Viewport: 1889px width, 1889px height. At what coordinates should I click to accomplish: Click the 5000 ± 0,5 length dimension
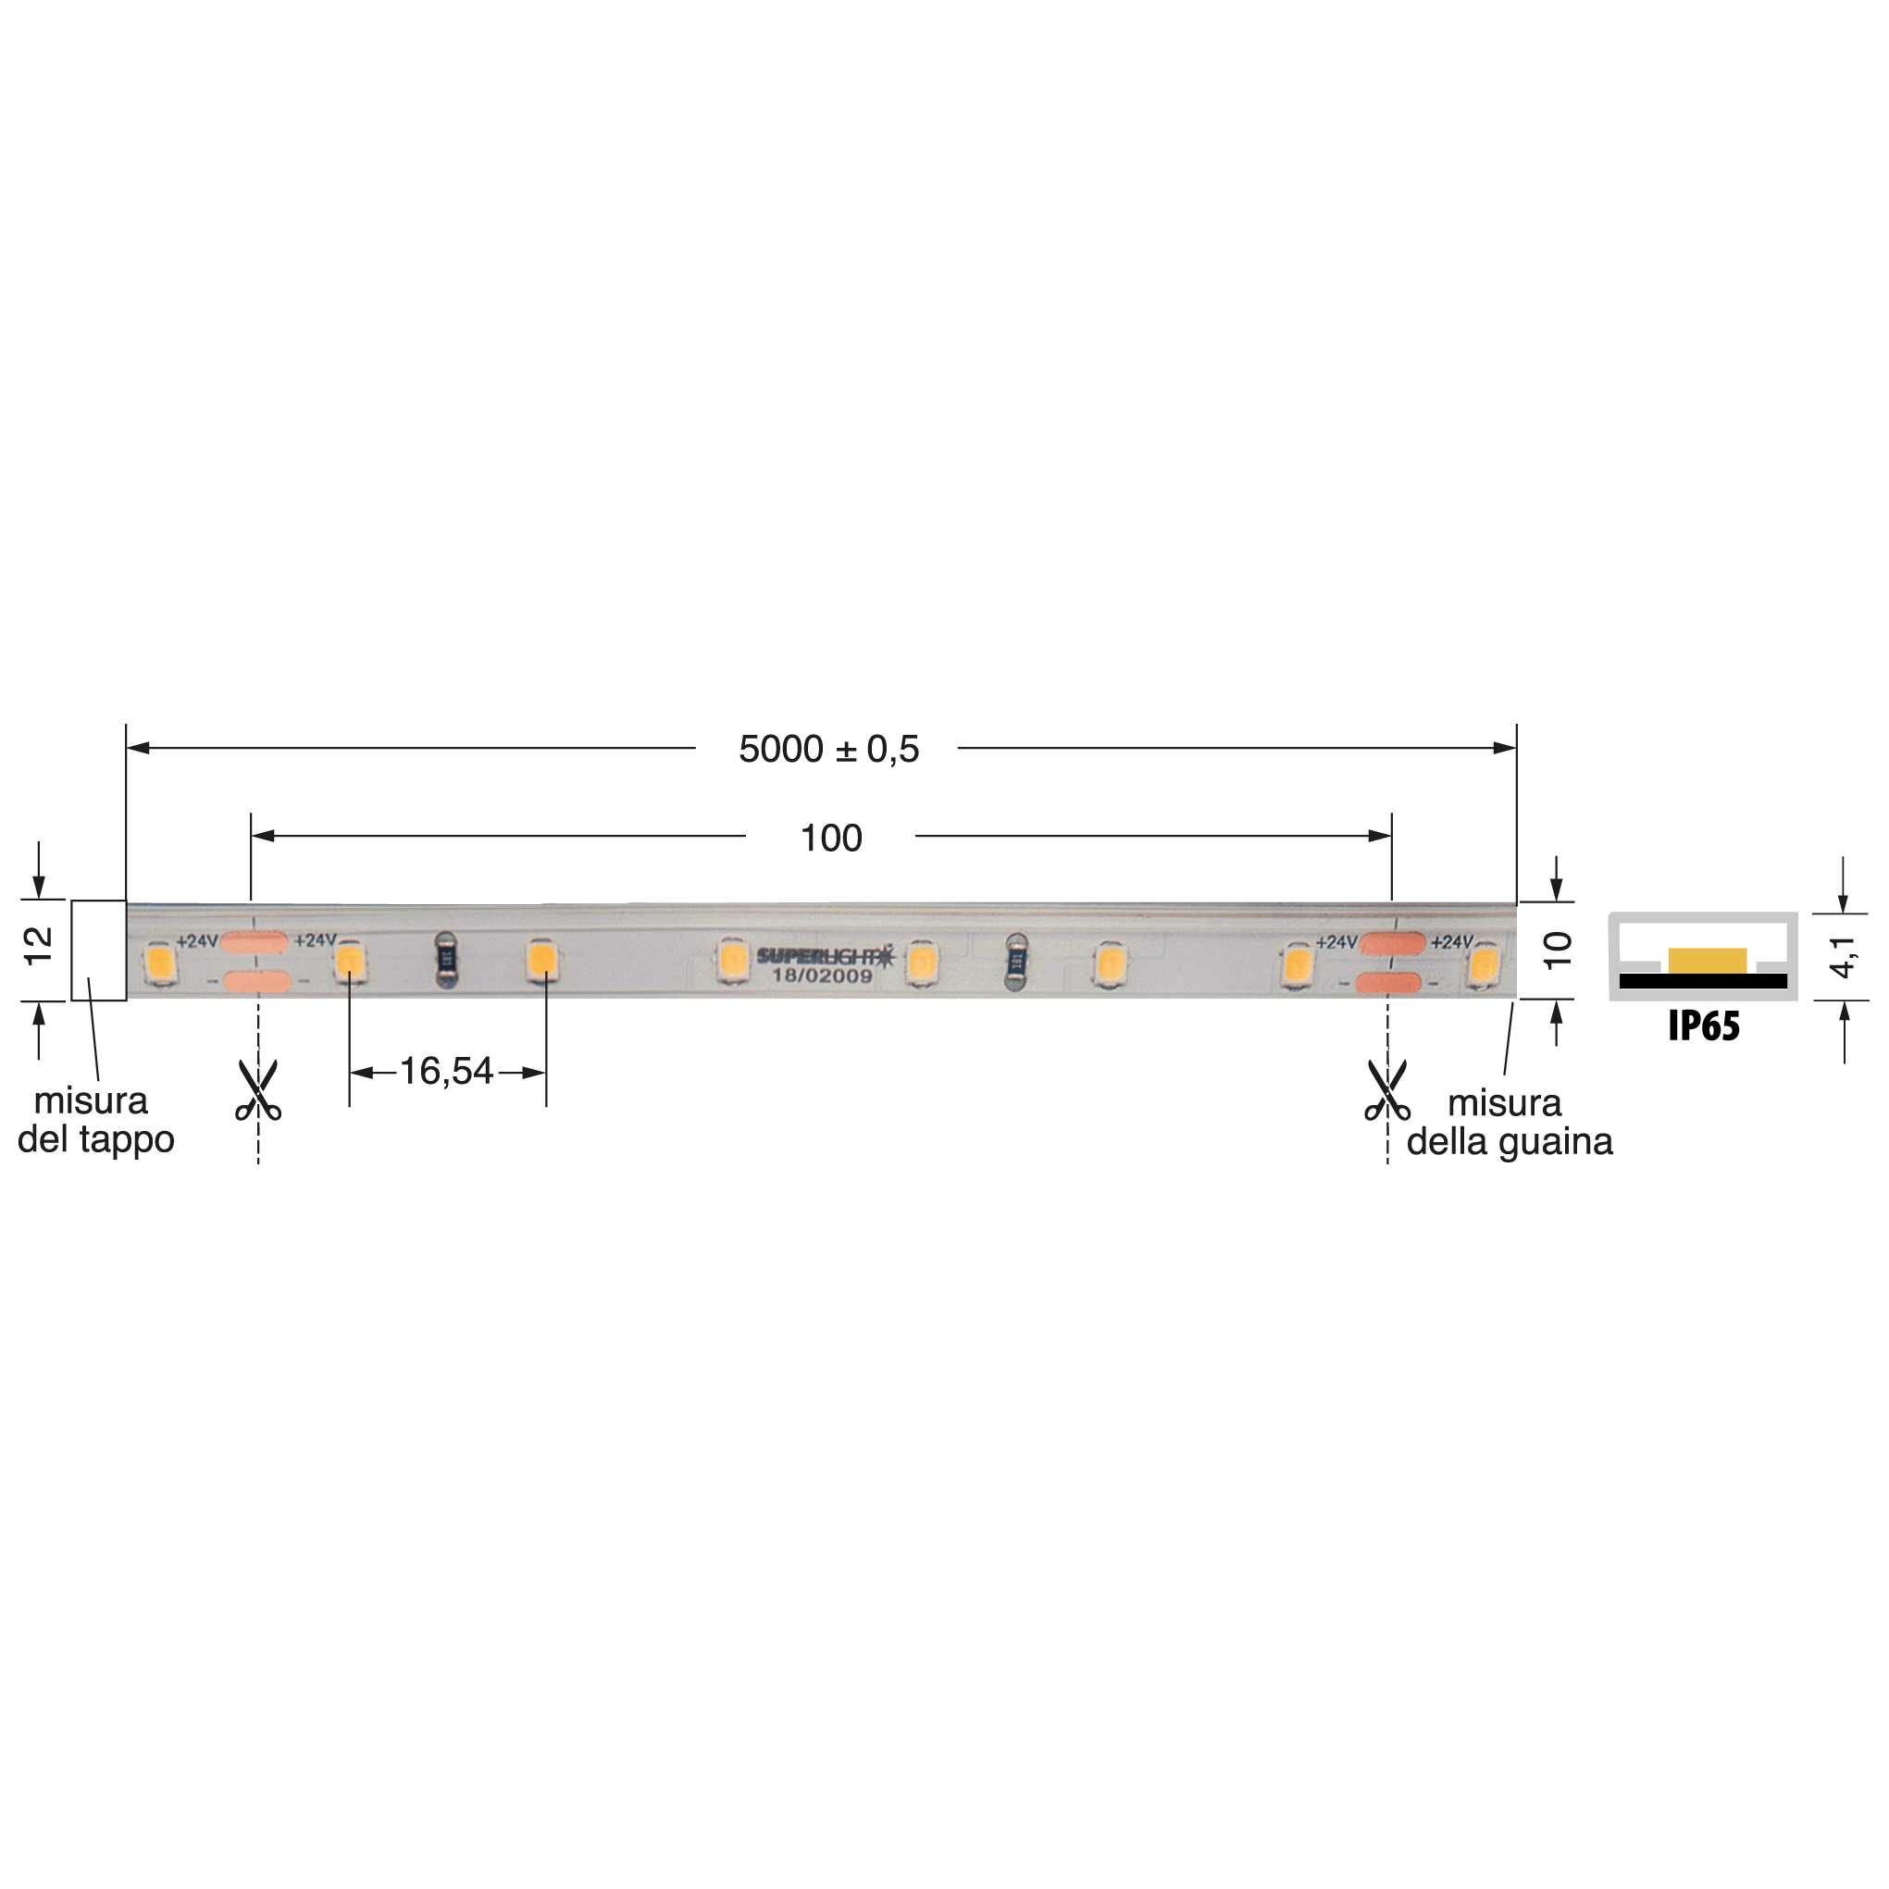coord(828,750)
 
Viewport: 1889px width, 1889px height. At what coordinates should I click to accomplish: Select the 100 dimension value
coord(830,838)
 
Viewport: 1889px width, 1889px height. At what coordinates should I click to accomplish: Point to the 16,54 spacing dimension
coord(446,1072)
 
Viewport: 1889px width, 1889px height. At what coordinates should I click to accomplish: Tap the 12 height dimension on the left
coord(39,947)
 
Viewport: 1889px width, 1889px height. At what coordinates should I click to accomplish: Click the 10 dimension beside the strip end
coord(1557,950)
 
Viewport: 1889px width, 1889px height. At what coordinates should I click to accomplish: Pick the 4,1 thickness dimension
coord(1842,955)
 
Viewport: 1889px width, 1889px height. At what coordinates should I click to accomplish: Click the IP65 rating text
coord(1703,1026)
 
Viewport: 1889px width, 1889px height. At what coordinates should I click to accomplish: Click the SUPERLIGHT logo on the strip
coord(825,956)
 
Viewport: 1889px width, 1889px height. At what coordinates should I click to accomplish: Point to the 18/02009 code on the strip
coord(821,976)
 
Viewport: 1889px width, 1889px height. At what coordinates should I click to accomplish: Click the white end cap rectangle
coord(99,951)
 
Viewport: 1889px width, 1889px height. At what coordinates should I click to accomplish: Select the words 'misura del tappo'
coord(94,1121)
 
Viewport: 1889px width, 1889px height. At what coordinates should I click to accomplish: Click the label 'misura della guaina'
coord(1509,1123)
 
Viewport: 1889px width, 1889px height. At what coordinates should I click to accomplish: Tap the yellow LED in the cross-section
coord(1708,961)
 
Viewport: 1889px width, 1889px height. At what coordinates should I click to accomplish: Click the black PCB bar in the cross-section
coord(1702,981)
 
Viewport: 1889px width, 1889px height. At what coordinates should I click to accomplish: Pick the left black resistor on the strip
coord(446,959)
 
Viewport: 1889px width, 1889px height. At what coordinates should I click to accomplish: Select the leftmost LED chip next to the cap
coord(158,963)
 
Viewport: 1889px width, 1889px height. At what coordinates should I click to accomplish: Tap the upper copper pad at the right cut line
coord(1391,943)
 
